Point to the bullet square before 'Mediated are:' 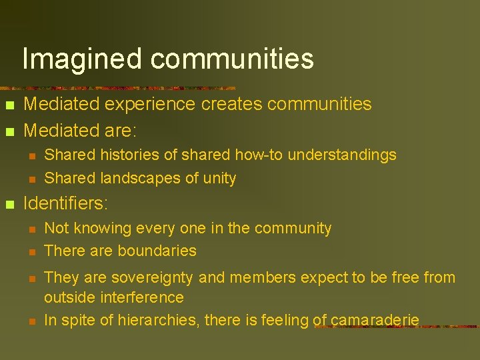9,131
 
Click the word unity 220,179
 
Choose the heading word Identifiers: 66,203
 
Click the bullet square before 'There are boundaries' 31,252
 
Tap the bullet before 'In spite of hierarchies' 31,321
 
